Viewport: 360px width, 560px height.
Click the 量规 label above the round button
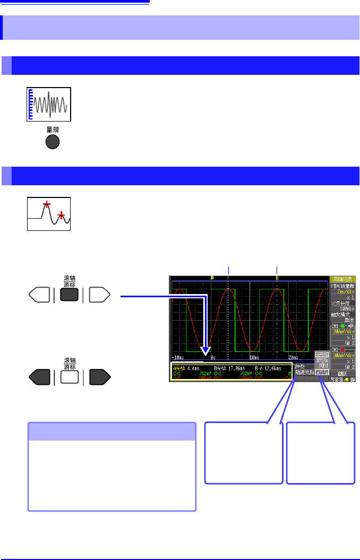(x=52, y=129)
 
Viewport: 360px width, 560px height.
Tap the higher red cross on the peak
(x=47, y=204)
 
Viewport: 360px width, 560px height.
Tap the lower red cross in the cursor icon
(x=62, y=215)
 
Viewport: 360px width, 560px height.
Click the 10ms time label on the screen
(x=253, y=358)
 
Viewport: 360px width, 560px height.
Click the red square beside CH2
(x=344, y=350)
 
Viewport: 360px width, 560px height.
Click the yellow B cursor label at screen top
(x=277, y=278)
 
